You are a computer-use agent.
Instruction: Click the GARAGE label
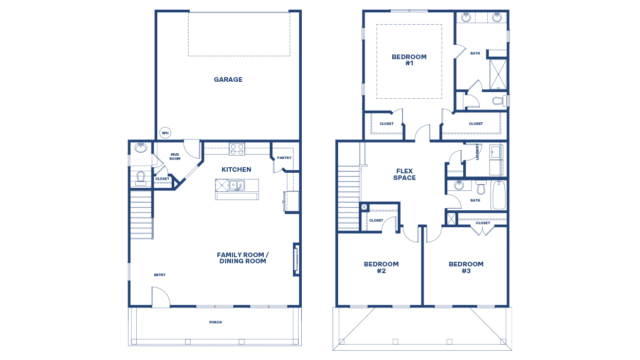click(x=228, y=80)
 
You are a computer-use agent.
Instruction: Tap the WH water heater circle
click(x=165, y=133)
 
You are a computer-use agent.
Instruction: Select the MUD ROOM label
click(x=175, y=156)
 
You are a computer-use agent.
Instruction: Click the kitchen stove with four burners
click(x=236, y=149)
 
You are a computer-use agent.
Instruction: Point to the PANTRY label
click(x=284, y=158)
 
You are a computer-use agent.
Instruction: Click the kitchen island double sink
click(x=237, y=185)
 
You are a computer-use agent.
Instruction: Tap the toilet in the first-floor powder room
click(x=140, y=178)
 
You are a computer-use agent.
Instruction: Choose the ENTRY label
click(x=159, y=275)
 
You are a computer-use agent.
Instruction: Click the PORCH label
click(x=215, y=322)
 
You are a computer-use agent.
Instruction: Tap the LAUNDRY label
click(x=478, y=152)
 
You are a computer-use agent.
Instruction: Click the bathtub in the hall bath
click(x=498, y=195)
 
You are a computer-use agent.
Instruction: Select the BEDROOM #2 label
click(x=381, y=267)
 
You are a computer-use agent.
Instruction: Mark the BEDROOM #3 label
click(x=466, y=267)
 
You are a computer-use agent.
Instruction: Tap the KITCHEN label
click(x=236, y=170)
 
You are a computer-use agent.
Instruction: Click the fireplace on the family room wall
click(x=296, y=259)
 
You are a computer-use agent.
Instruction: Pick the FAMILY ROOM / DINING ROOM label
click(x=243, y=258)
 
